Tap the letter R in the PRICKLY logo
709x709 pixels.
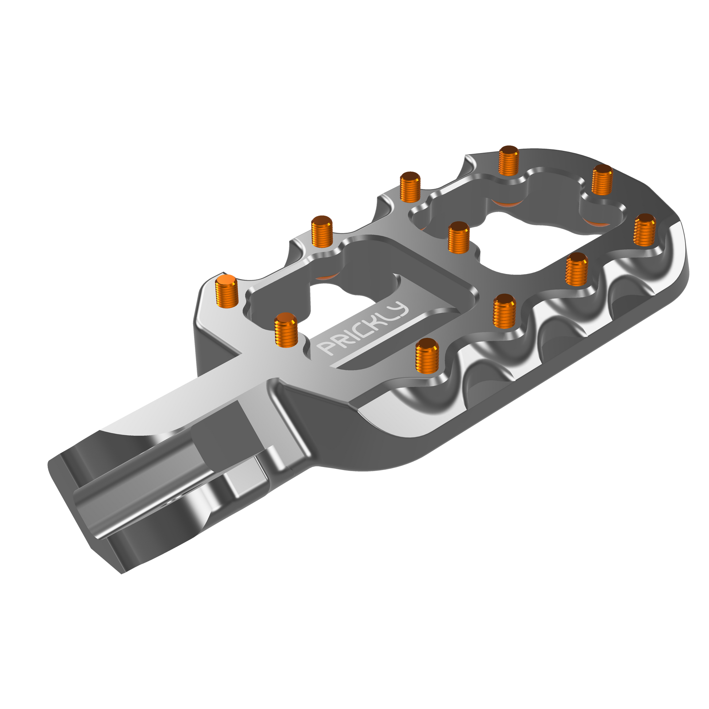[x=340, y=340]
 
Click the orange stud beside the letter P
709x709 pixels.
[x=286, y=329]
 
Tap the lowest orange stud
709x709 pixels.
[x=427, y=354]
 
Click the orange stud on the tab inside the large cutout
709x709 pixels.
[x=459, y=238]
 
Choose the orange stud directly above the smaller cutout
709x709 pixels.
[x=321, y=231]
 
